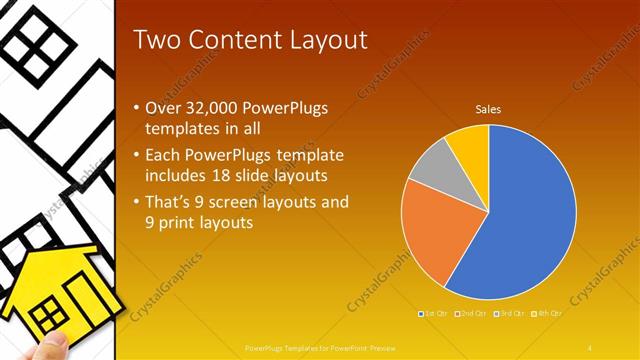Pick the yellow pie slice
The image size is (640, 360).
[x=468, y=142]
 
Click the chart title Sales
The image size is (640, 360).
[x=488, y=109]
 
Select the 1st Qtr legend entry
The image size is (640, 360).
[x=432, y=314]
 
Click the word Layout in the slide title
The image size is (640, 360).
[x=320, y=40]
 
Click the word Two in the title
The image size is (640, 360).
[x=156, y=40]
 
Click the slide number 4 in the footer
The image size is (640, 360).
[x=591, y=346]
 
